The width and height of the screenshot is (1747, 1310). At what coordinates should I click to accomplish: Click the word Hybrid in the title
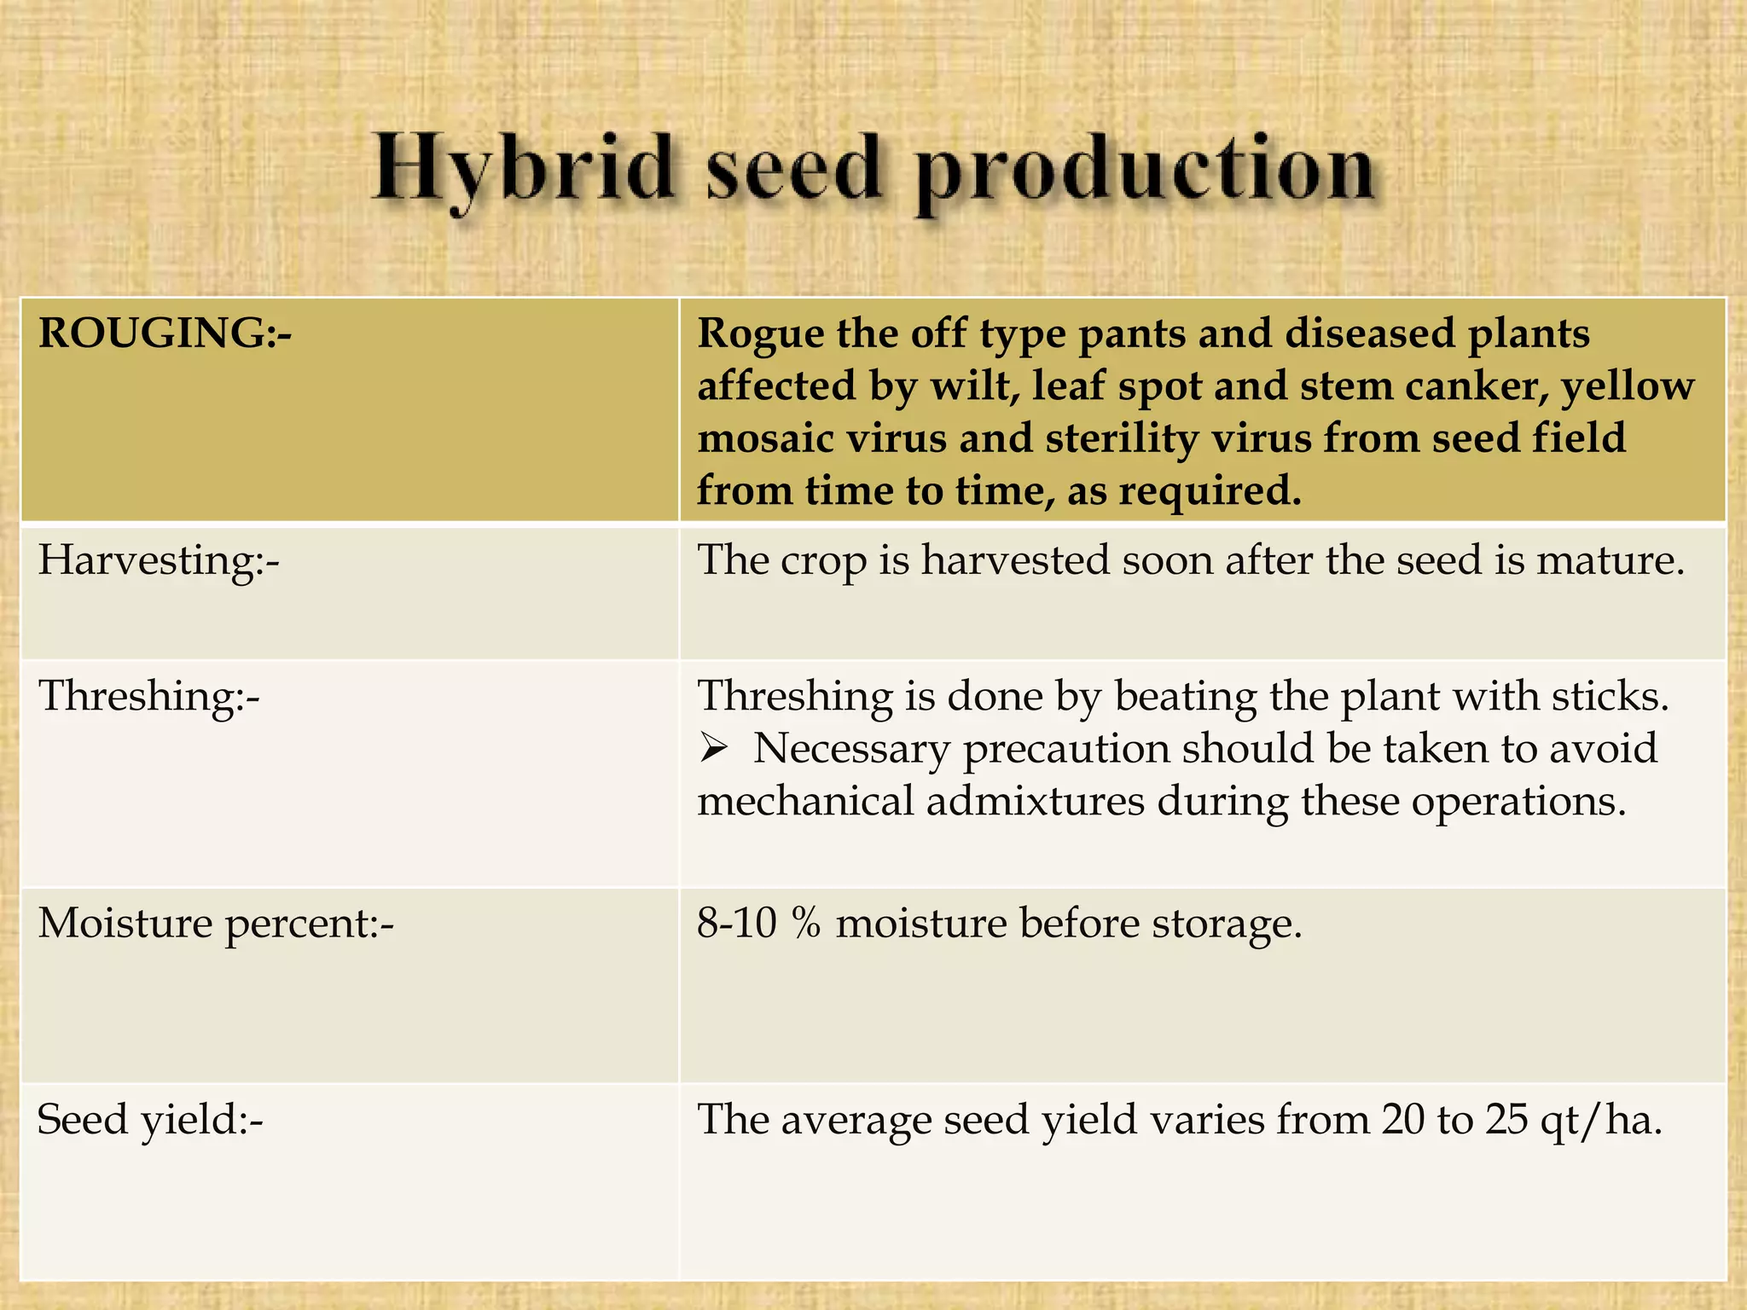click(522, 171)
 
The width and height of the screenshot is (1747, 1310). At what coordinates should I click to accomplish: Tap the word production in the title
click(1143, 175)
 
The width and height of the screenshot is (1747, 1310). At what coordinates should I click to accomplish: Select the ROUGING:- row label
click(165, 333)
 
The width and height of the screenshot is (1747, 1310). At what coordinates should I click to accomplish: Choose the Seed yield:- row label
click(150, 1120)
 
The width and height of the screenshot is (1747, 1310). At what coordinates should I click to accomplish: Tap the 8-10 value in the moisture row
click(736, 924)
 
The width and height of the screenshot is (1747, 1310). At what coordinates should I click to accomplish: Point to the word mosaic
click(764, 439)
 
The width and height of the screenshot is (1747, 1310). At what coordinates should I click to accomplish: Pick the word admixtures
click(1035, 803)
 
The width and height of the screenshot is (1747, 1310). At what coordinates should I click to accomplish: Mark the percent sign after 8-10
click(806, 924)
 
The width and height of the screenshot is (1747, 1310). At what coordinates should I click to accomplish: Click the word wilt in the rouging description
click(975, 386)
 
